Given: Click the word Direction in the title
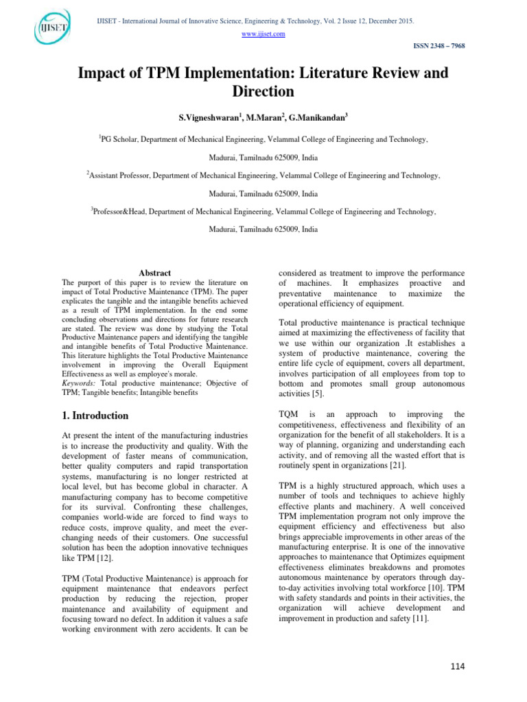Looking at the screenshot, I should point(263,91).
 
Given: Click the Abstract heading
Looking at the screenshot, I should point(154,273).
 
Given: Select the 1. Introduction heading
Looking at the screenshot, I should point(95,415).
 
